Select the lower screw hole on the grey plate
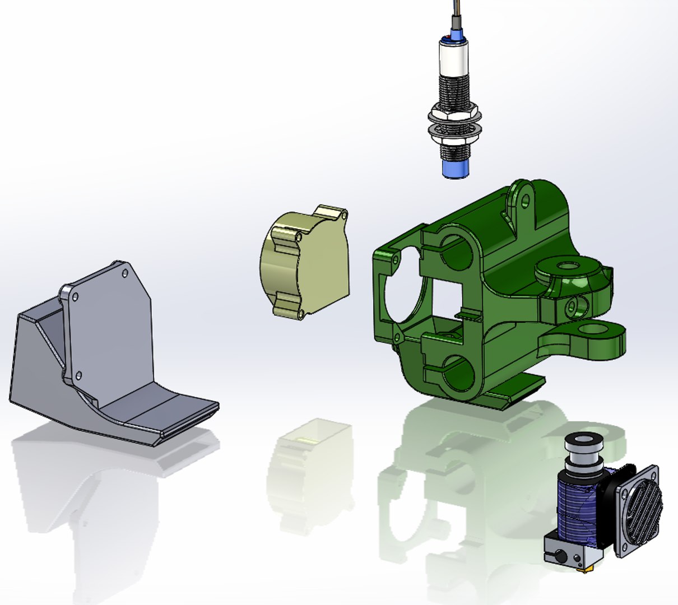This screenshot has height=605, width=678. pos(78,375)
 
